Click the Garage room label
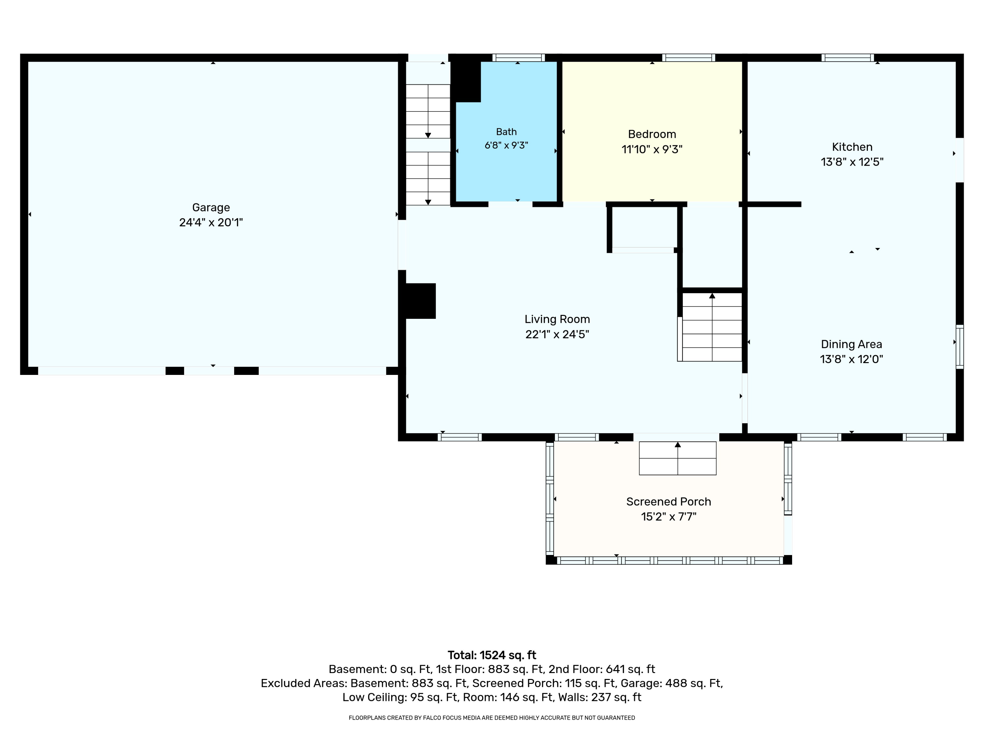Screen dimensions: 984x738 [x=211, y=207]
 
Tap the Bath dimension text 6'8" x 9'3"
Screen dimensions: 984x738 [x=506, y=145]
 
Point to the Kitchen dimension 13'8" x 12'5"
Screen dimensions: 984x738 [x=852, y=162]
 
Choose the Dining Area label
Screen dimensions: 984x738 [x=851, y=344]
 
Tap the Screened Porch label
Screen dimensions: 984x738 [x=668, y=502]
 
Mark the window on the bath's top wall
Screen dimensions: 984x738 [x=518, y=57]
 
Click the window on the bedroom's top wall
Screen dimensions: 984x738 [x=688, y=57]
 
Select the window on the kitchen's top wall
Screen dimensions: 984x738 [x=848, y=57]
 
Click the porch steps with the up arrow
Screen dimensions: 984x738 [x=678, y=458]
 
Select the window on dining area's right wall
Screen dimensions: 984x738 [x=959, y=347]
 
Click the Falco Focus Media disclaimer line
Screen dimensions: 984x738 [x=492, y=718]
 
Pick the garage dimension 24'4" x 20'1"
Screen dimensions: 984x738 [x=211, y=222]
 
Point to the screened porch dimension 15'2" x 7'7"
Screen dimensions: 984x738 [x=668, y=517]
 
